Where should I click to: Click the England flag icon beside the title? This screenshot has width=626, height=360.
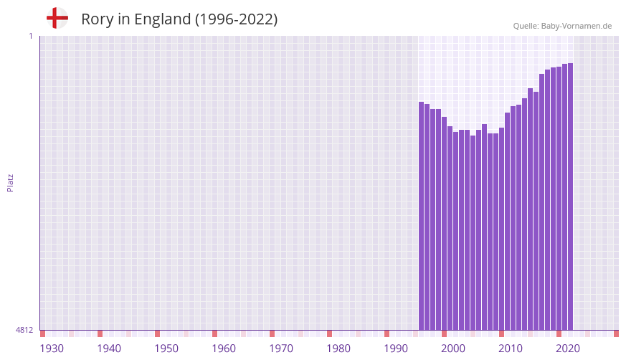(x=57, y=19)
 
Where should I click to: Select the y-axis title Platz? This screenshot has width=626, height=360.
(x=10, y=182)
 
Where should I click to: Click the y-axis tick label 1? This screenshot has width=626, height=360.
(x=30, y=36)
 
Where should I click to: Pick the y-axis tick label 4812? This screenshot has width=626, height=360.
(x=24, y=331)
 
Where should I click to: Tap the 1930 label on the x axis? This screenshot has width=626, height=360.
(x=52, y=349)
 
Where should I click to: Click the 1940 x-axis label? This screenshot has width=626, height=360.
(x=109, y=349)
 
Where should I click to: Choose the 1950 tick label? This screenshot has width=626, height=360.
(x=166, y=349)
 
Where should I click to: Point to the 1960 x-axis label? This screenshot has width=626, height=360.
(x=224, y=349)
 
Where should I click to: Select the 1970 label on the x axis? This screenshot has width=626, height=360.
(x=281, y=349)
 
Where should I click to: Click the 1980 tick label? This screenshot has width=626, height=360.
(x=338, y=349)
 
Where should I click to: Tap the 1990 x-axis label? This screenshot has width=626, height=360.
(x=396, y=349)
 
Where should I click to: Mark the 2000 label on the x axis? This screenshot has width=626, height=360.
(x=453, y=349)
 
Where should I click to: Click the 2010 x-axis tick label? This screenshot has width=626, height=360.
(x=511, y=349)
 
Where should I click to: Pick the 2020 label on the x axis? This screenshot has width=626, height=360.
(x=568, y=349)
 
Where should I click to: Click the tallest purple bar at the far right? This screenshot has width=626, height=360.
(x=570, y=196)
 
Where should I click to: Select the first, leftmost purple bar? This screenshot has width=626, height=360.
(x=422, y=215)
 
